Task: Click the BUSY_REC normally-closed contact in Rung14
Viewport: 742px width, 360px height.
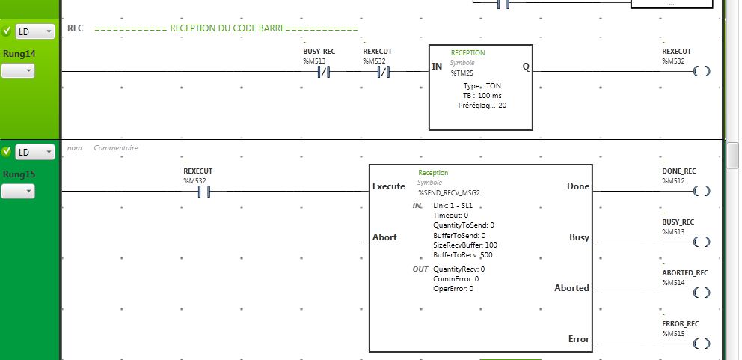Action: pos(324,72)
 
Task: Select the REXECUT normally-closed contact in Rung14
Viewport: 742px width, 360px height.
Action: pos(384,72)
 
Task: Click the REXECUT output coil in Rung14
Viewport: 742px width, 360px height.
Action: pos(700,72)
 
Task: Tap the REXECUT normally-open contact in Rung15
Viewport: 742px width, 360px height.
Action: pos(203,192)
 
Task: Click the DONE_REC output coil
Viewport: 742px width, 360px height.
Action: pos(700,191)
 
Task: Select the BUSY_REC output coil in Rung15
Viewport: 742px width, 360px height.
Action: pos(700,242)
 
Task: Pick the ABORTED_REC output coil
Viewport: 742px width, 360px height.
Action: pos(700,293)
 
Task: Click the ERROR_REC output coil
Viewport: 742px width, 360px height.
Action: pos(700,344)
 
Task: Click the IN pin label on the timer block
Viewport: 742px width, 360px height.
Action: pos(437,67)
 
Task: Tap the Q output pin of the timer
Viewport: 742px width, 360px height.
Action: pos(525,67)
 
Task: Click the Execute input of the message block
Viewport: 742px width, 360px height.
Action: pos(388,186)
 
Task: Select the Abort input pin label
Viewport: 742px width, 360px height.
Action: pos(384,237)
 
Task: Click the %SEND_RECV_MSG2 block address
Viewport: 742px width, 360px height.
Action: pos(449,192)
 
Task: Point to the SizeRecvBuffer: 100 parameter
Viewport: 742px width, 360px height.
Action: pos(464,245)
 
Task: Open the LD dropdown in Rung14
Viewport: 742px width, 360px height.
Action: pos(35,32)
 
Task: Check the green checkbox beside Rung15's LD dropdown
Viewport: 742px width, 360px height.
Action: pos(7,152)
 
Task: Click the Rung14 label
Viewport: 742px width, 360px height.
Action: pos(19,54)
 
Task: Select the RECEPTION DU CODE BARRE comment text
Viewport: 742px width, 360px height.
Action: pos(227,29)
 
